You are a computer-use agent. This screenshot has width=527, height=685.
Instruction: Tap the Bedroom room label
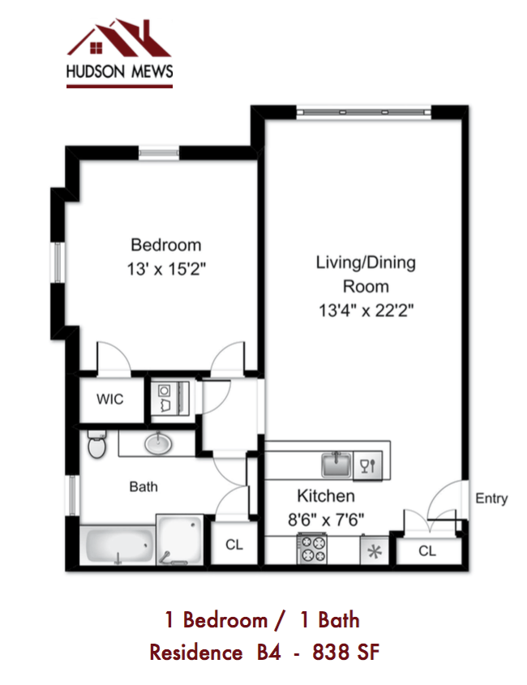166,245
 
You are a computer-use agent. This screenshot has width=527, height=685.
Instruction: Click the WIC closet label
110,400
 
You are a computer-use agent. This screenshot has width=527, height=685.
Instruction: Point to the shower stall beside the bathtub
180,540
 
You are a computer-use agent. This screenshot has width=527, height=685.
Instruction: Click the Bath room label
144,487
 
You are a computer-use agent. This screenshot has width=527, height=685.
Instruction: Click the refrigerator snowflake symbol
375,551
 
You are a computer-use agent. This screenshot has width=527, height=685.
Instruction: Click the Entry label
491,499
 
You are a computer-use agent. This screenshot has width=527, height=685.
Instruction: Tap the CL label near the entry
427,551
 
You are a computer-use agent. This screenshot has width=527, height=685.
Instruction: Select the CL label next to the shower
234,545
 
